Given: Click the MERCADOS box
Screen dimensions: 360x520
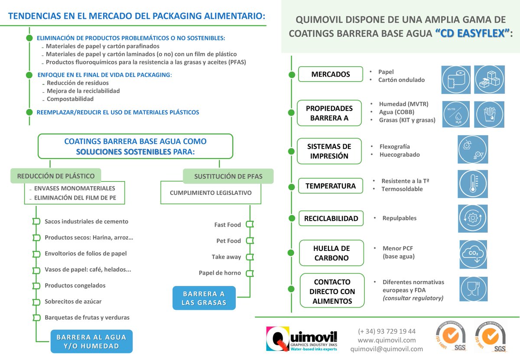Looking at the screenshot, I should pos(331,74).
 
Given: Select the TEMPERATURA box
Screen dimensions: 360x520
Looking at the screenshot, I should pos(331,186).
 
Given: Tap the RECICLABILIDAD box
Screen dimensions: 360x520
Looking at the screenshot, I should pos(331,218).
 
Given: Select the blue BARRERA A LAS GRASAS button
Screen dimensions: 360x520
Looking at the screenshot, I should pos(204,298).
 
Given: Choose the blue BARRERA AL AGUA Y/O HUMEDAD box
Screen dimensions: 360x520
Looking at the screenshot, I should pos(91,341).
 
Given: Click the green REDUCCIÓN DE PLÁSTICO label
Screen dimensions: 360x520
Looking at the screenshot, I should pos(56,176).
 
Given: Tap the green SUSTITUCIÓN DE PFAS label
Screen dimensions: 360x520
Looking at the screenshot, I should pos(228,176).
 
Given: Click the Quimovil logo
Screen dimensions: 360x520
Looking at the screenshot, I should pos(302,338).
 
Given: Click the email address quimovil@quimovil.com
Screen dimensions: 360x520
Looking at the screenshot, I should pos(387,349).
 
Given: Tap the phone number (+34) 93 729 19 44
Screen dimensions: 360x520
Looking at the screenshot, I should pos(387,331).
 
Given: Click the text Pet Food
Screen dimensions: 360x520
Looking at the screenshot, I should pos(228,241).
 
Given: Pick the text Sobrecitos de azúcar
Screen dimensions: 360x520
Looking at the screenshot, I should pos(73,302).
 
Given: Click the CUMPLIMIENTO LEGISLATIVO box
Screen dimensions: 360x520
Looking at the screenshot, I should pos(211,193).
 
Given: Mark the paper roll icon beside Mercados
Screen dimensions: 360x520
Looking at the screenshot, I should pos(455,80).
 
